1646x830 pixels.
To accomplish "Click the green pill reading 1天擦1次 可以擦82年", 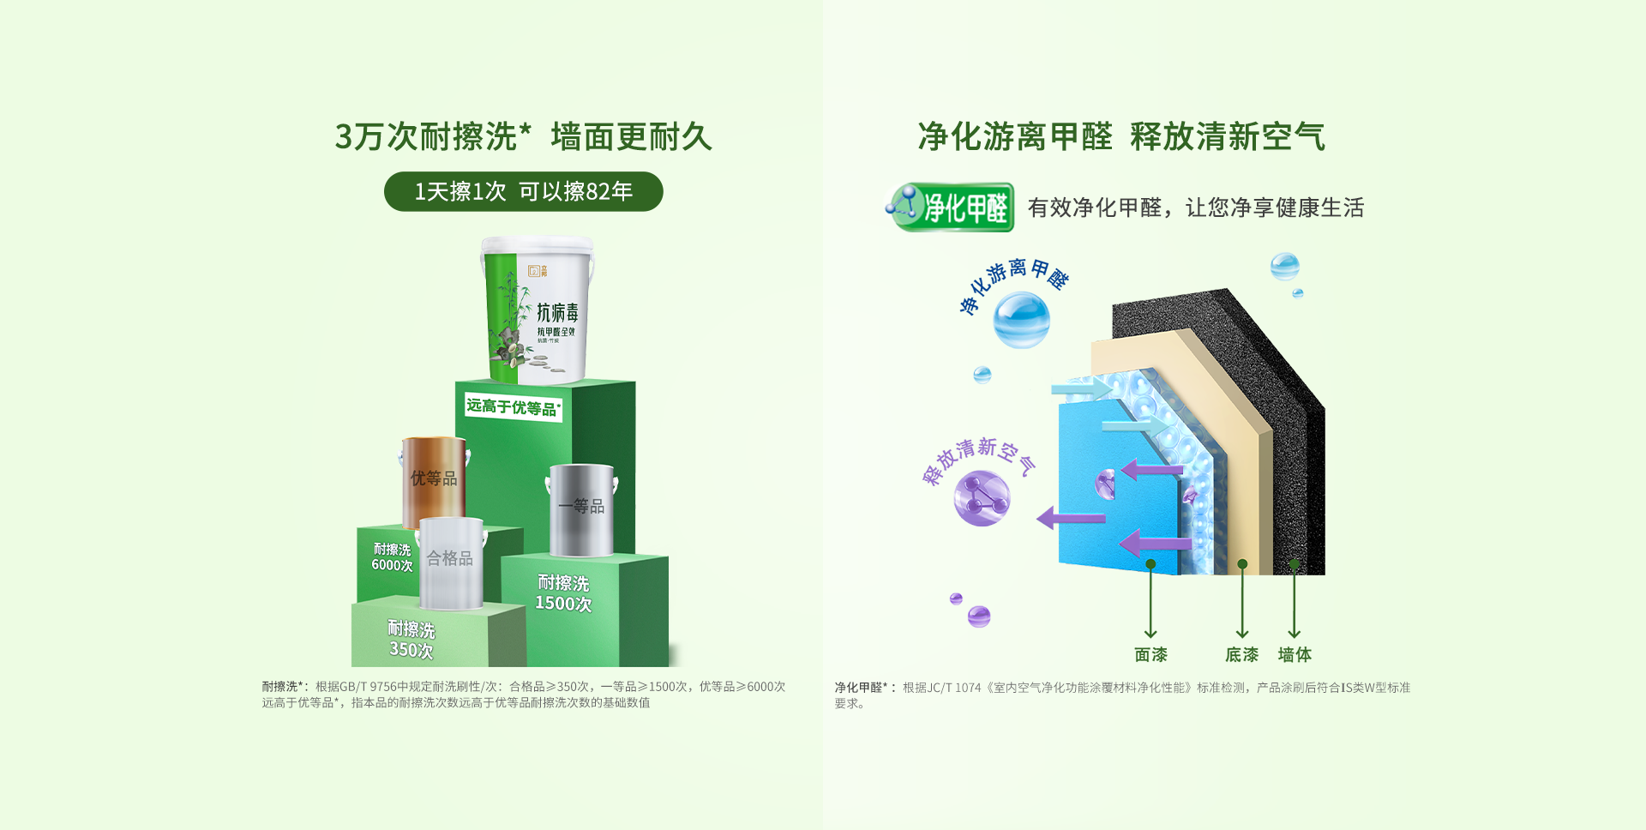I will (x=523, y=191).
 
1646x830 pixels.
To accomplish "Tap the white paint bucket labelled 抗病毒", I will (x=538, y=310).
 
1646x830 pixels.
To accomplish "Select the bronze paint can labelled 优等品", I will (x=434, y=480).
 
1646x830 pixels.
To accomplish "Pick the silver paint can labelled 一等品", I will (x=581, y=509).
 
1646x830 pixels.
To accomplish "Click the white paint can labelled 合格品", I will (x=451, y=562).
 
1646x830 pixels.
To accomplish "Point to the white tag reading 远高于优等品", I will (x=513, y=407).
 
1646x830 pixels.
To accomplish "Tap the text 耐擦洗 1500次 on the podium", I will (x=563, y=593).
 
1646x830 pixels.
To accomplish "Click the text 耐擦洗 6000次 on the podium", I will (x=392, y=557).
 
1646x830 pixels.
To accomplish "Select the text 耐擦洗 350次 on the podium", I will (x=411, y=640).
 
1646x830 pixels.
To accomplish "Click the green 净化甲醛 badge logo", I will (x=952, y=207).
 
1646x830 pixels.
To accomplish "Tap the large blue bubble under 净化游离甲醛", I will (x=1021, y=320).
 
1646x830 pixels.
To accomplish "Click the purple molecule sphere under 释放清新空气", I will (x=982, y=498).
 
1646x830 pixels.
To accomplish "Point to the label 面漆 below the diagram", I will (x=1150, y=655).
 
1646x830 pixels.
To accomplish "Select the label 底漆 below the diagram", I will (x=1241, y=655).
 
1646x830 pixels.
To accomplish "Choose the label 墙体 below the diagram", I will (x=1295, y=655).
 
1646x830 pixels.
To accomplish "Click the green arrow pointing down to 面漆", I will (x=1150, y=600).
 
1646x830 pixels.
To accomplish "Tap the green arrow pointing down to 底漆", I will (x=1242, y=600).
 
